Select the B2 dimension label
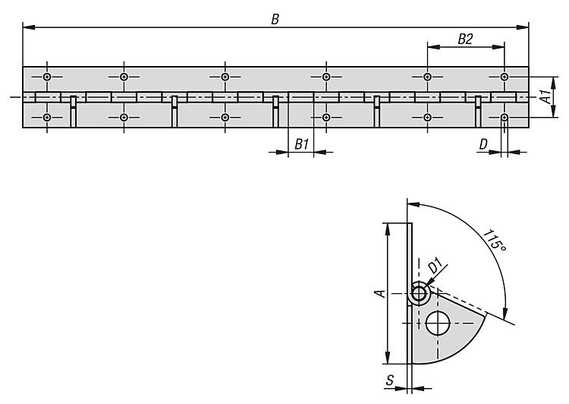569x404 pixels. pyautogui.click(x=466, y=39)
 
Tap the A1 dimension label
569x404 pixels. pyautogui.click(x=544, y=96)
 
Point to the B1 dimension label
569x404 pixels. pyautogui.click(x=301, y=143)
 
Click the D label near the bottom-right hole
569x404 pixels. pyautogui.click(x=483, y=143)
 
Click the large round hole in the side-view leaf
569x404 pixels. pyautogui.click(x=438, y=324)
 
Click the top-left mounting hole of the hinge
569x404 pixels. pyautogui.click(x=48, y=77)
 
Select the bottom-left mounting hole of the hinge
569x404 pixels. pyautogui.click(x=48, y=118)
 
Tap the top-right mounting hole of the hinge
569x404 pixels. pyautogui.click(x=505, y=77)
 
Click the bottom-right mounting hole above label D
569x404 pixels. pyautogui.click(x=505, y=118)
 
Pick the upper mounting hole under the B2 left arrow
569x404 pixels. pyautogui.click(x=428, y=77)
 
